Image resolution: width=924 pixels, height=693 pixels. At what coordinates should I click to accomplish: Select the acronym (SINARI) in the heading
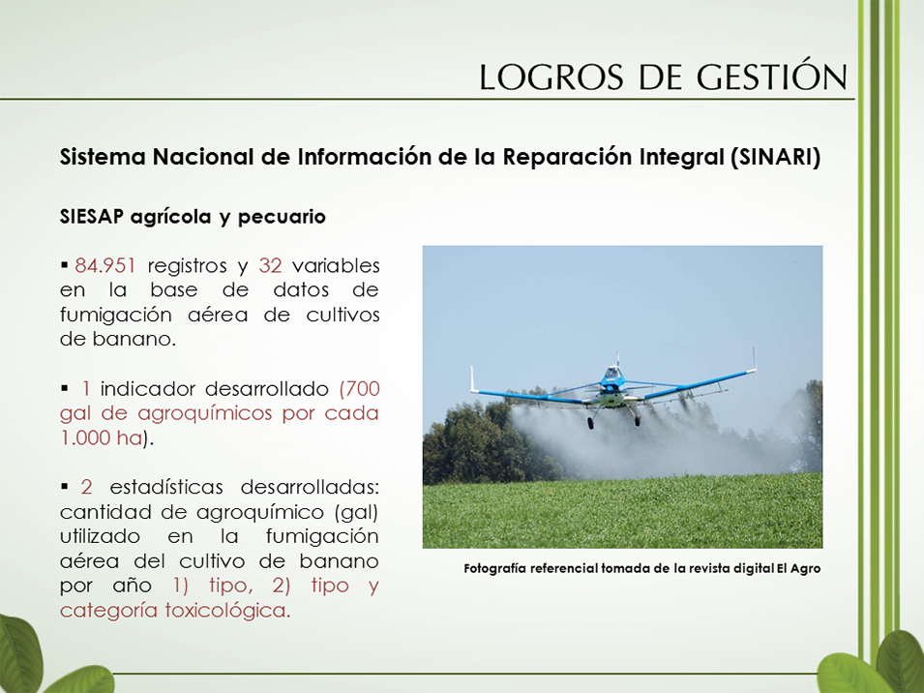775,157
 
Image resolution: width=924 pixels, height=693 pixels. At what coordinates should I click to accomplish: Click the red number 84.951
105,266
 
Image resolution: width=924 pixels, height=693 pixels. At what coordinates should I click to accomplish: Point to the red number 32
271,266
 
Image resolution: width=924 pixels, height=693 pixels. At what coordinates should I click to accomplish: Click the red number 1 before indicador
86,389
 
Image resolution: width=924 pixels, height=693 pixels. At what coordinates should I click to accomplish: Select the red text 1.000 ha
102,437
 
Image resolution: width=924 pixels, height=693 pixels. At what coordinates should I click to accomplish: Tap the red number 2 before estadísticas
87,488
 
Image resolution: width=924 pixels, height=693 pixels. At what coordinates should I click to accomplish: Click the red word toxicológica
227,610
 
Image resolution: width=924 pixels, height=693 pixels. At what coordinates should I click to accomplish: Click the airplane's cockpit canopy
612,374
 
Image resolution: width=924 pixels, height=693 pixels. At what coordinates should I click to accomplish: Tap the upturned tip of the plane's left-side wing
472,377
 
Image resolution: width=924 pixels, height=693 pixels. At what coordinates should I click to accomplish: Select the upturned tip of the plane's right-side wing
754,359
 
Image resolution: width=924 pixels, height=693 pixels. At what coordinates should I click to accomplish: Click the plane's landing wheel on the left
590,422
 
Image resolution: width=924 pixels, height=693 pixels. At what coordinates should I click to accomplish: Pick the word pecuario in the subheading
282,218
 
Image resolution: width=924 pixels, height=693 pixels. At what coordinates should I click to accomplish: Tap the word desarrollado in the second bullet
267,389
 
